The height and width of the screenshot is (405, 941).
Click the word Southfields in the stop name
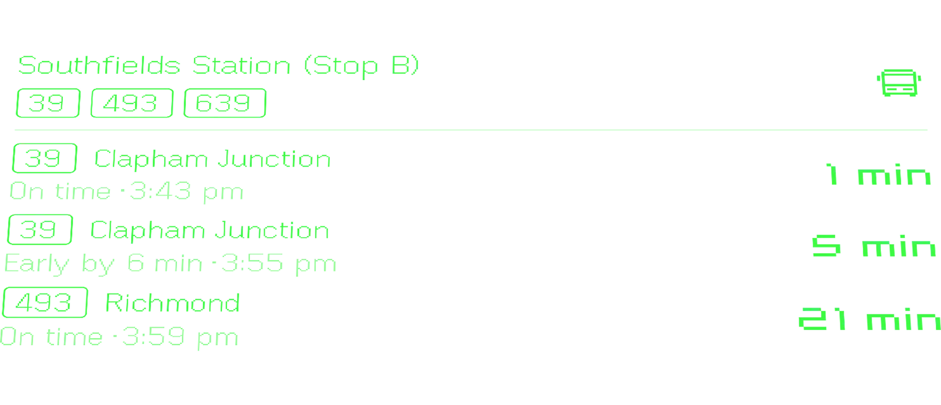(100, 66)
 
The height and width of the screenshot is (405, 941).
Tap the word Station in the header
(242, 66)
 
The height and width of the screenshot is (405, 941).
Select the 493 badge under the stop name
(131, 103)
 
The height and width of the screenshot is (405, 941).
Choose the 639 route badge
(225, 103)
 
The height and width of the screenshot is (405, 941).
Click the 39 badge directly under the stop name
(47, 103)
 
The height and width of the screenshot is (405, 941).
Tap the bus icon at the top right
(900, 83)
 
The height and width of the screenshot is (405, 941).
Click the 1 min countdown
(878, 175)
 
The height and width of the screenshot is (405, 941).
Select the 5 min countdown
(873, 247)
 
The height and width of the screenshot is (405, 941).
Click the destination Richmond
(171, 303)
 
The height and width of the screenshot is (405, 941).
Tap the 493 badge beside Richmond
(44, 303)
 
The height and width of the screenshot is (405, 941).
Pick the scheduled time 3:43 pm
(186, 192)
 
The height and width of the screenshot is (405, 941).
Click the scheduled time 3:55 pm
(277, 264)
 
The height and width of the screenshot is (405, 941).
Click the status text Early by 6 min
(103, 264)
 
